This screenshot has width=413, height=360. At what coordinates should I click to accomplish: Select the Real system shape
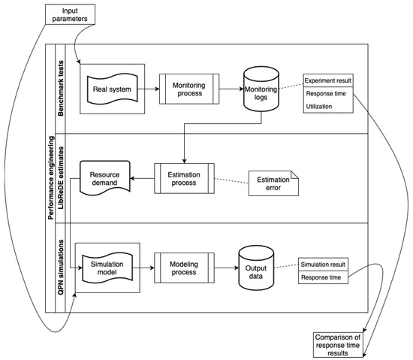pos(110,89)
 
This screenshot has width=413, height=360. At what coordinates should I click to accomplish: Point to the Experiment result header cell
pos(328,80)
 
